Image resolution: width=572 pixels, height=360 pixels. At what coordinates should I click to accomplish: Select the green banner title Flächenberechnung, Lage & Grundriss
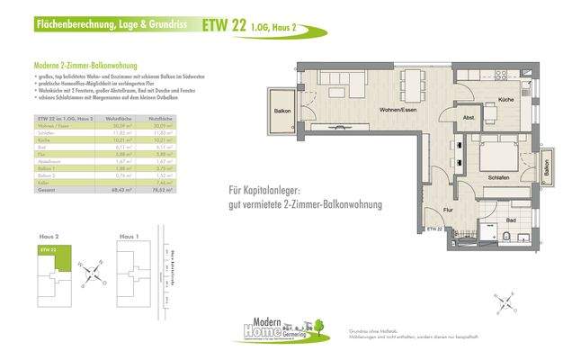tap(112, 26)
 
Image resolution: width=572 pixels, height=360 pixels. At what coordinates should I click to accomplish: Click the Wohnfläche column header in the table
tap(121, 119)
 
